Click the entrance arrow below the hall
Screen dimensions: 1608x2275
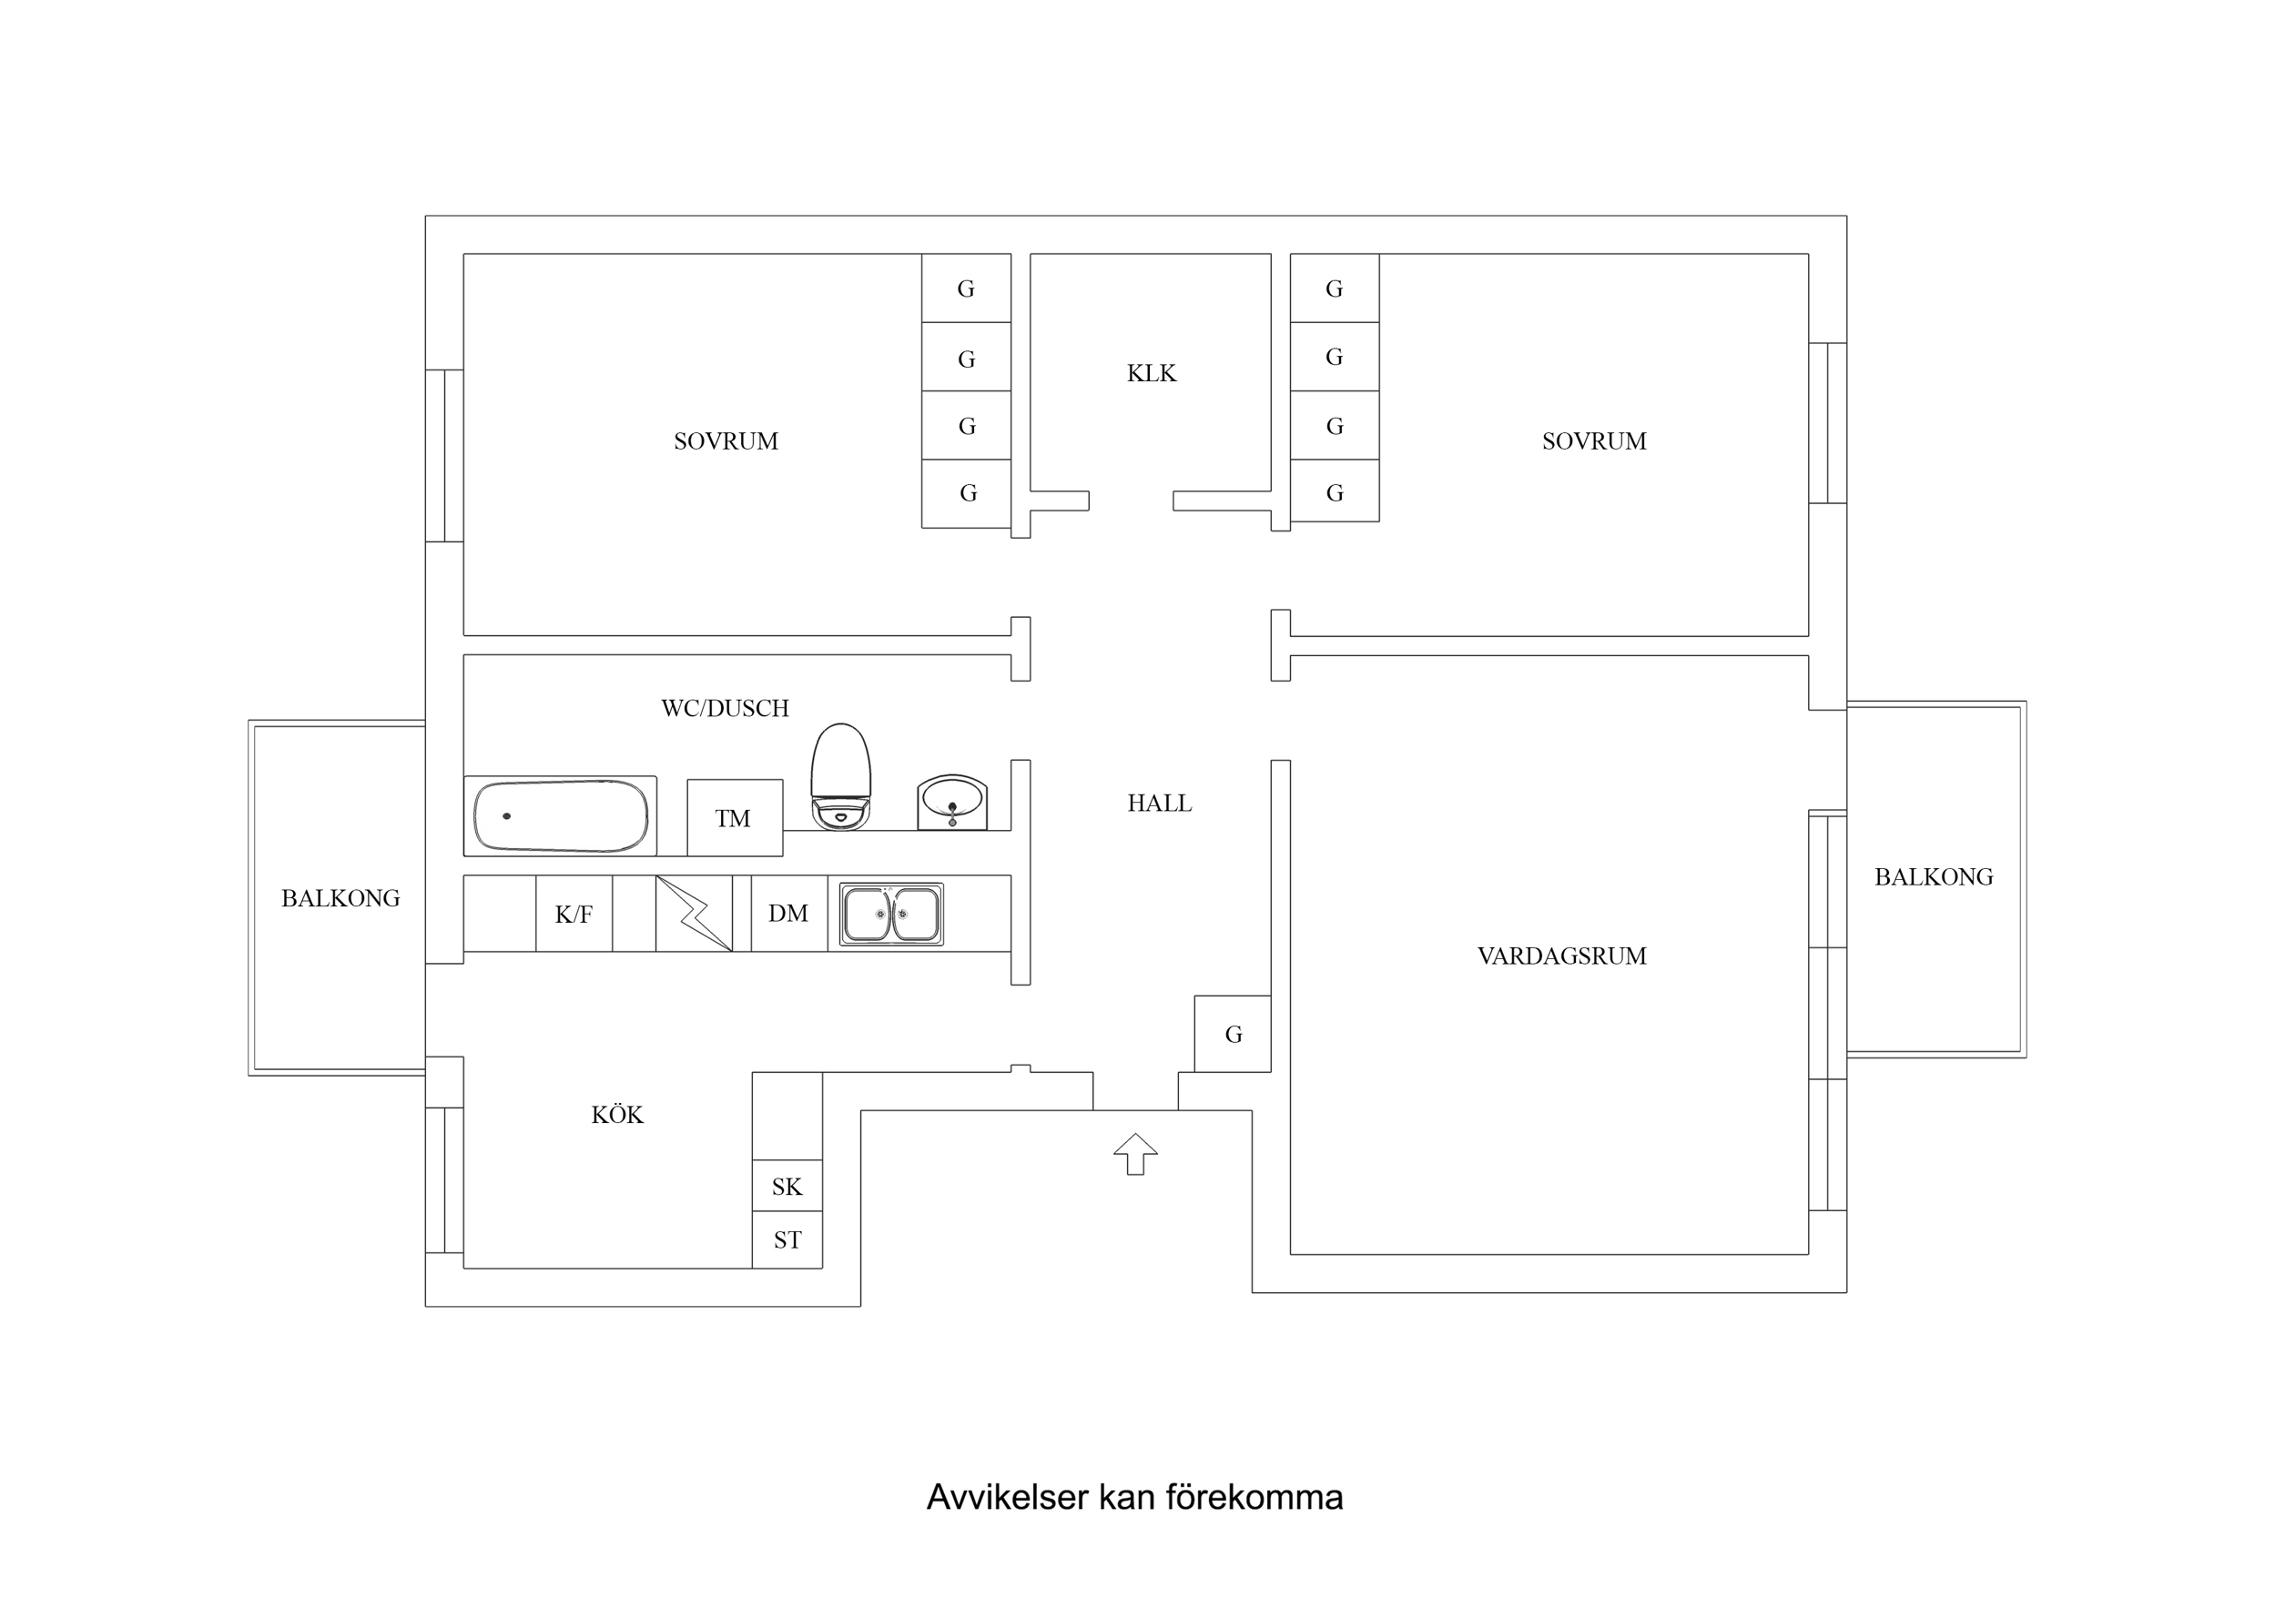1135,1153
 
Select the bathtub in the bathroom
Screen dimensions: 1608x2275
560,816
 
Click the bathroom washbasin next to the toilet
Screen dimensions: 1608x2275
951,802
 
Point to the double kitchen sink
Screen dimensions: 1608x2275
890,914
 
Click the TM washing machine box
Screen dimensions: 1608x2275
735,818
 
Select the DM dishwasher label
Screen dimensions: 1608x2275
787,914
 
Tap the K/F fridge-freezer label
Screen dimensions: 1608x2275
574,915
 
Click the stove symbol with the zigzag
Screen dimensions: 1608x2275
694,914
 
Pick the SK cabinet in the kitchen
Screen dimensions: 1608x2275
787,1186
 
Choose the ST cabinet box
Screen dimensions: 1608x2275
787,1239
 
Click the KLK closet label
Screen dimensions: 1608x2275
1152,373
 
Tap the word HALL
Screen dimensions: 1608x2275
1159,804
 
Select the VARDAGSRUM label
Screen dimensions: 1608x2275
1561,956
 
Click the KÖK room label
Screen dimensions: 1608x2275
617,1116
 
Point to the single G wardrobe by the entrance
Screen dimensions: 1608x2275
1233,1035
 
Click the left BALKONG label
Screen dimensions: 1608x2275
340,898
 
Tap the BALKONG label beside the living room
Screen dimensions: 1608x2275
1933,877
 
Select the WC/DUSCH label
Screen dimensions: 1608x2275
725,708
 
